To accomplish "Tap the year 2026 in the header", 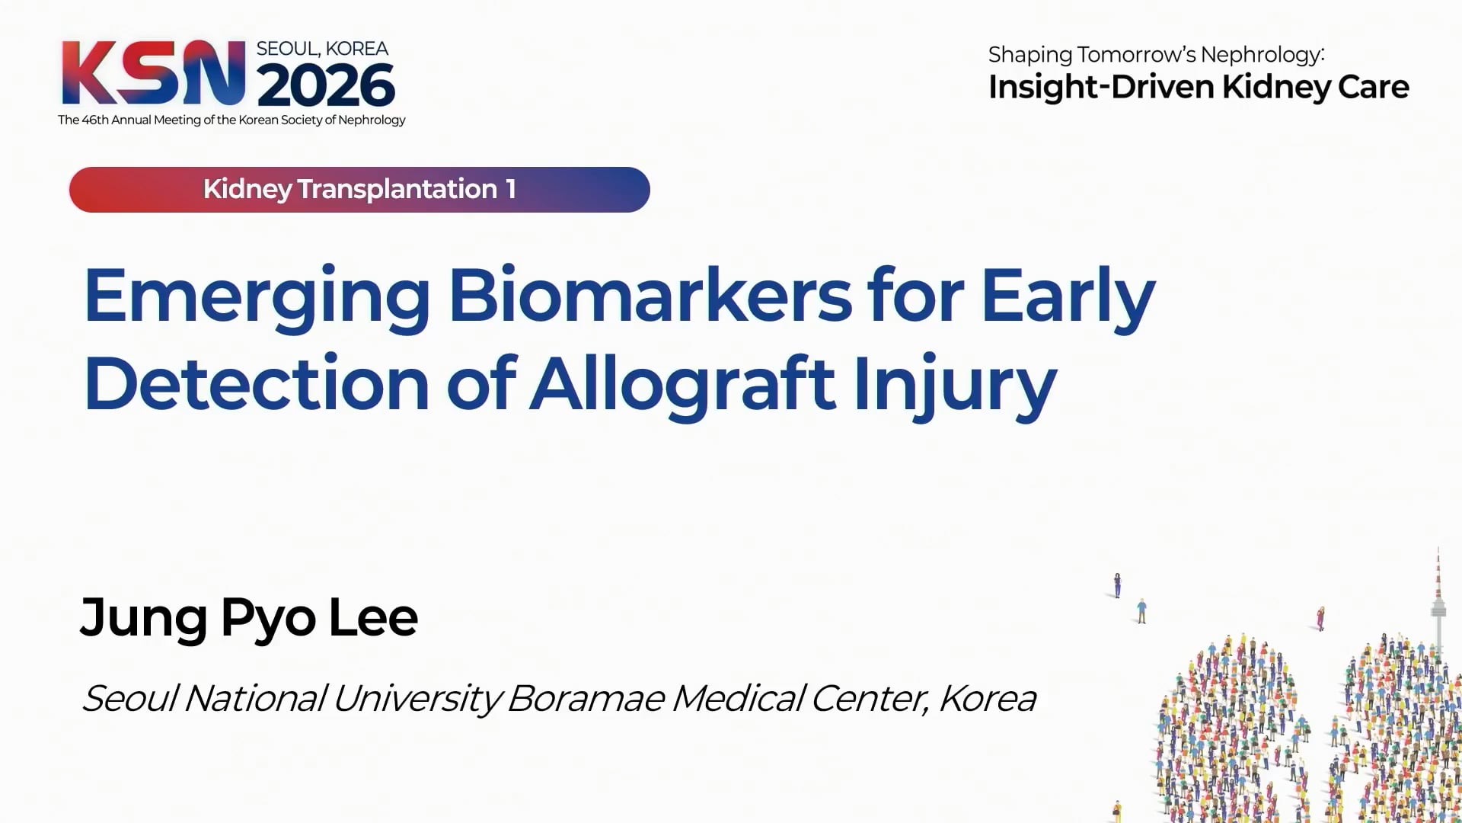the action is click(x=326, y=85).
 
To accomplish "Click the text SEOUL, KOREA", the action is click(x=322, y=49).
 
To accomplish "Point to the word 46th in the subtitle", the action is click(x=95, y=120).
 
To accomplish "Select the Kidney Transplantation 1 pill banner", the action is click(x=359, y=190).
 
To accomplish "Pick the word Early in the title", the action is click(x=1068, y=299).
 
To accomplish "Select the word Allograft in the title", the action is click(x=683, y=386).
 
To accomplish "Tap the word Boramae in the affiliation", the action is click(x=585, y=698).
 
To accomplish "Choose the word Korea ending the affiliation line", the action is click(x=987, y=699).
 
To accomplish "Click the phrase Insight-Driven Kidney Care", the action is click(x=1199, y=88).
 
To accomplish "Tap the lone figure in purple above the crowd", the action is click(x=1117, y=584).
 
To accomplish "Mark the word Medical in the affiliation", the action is click(x=736, y=698).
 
